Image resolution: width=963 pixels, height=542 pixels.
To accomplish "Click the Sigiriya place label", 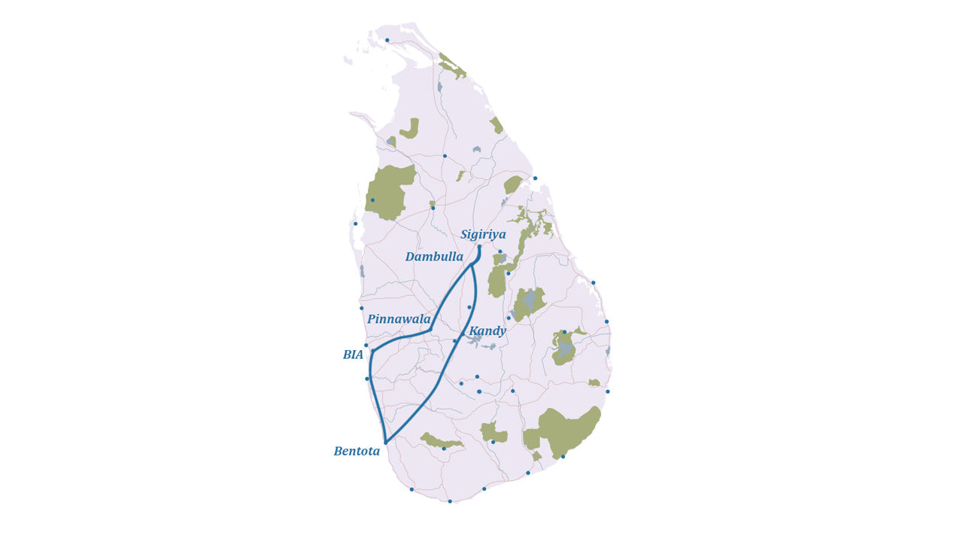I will click(483, 235).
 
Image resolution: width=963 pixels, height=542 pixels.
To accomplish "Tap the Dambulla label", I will click(434, 257).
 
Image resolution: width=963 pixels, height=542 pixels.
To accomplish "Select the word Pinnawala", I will click(399, 319).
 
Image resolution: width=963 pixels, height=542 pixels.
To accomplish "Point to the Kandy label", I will click(488, 331).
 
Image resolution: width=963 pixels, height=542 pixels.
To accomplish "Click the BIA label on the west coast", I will click(353, 355).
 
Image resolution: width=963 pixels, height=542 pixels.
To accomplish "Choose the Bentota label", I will click(357, 452).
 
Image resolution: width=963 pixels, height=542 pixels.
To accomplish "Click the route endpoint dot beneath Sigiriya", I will click(479, 247).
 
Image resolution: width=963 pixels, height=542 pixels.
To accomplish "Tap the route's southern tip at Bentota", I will click(385, 443).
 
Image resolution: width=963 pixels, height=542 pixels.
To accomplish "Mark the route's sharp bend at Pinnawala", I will click(429, 330).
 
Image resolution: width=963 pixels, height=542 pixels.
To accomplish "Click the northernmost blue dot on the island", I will click(387, 40).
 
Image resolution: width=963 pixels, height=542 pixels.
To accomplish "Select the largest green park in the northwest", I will click(389, 192).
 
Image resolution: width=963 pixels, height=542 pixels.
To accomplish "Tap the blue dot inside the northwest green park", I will click(372, 200).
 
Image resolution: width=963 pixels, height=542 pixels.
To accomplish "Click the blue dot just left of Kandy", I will click(454, 341).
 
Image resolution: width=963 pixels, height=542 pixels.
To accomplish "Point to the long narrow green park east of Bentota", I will click(440, 441).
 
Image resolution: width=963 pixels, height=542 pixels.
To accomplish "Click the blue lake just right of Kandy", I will click(474, 340).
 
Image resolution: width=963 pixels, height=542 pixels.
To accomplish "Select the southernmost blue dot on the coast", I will click(450, 501).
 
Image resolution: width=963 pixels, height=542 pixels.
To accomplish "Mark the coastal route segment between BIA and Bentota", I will click(375, 399).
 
